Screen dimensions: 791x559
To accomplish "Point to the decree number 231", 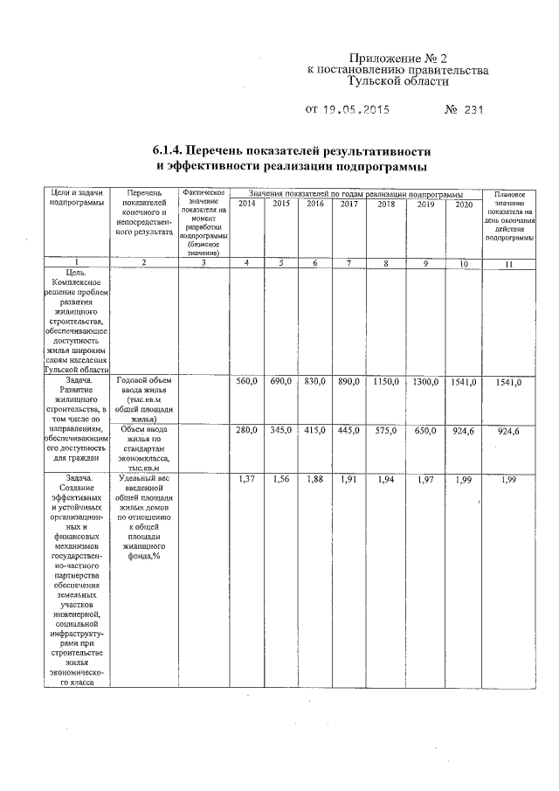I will point(470,110).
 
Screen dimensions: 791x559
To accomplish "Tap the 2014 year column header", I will point(247,204).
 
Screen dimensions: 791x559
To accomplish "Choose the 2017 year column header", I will point(349,204).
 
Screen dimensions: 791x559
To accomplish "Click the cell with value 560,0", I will point(247,381).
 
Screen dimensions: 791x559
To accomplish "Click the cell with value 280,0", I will point(247,430).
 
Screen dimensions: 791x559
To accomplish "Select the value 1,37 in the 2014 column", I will point(247,480).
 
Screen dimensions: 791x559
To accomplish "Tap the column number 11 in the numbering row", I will point(507,264).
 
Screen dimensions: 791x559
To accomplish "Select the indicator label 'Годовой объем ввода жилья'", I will point(145,385).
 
